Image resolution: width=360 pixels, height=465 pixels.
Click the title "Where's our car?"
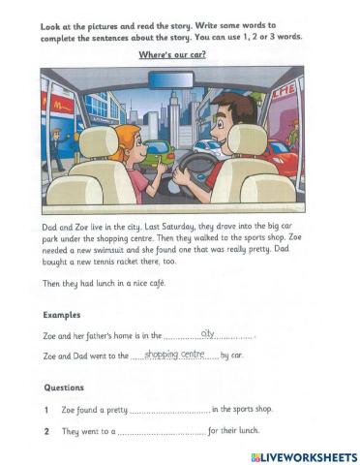coord(179,54)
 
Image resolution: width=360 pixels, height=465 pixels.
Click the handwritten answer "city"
coord(206,332)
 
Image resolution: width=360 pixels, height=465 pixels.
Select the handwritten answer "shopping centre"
coord(174,354)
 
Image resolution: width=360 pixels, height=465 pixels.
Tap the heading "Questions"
coord(66,387)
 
